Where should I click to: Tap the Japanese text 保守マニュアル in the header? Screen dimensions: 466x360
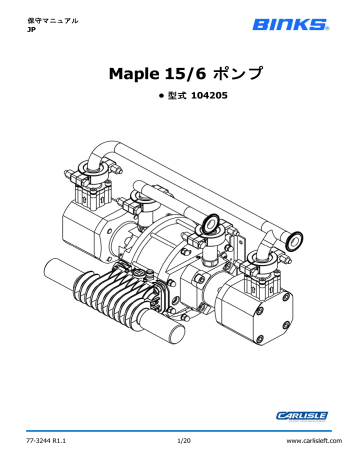[45, 19]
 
